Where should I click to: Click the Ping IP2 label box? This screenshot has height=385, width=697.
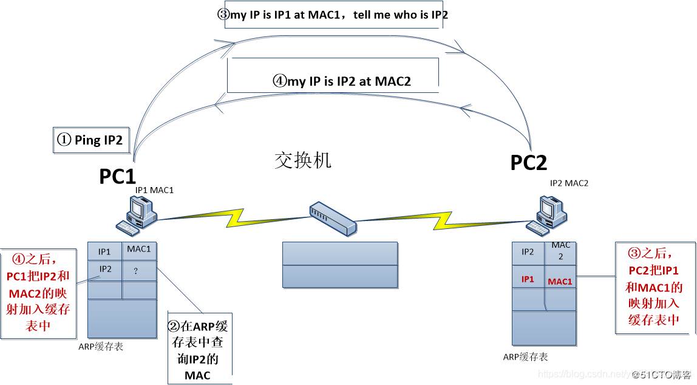90,140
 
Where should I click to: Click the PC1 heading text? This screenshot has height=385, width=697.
117,176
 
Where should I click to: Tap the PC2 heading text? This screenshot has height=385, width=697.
528,163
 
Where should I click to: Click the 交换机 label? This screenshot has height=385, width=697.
303,160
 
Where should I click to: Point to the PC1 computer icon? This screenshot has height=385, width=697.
138,216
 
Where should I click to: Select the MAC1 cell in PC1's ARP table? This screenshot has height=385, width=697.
139,249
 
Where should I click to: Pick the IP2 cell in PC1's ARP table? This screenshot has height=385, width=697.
105,269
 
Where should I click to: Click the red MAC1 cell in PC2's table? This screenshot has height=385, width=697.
560,282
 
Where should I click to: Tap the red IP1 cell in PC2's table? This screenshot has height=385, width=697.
528,279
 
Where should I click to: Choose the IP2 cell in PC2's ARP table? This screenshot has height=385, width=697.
528,251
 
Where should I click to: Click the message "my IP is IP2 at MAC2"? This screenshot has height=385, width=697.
342,81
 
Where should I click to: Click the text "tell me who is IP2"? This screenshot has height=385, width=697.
401,15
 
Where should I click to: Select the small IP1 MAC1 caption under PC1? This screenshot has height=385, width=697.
154,190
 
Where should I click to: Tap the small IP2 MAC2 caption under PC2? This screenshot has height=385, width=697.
569,183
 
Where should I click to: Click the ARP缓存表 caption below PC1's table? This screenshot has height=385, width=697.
101,347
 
